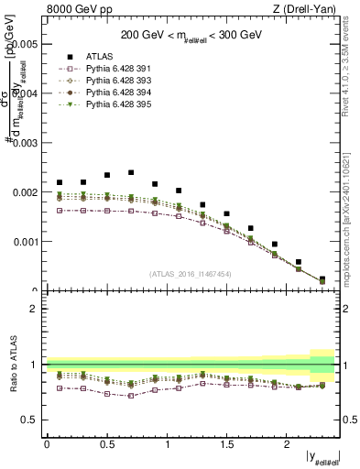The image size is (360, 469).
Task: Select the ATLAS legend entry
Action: tap(100, 57)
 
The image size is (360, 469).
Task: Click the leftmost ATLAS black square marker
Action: tap(60, 182)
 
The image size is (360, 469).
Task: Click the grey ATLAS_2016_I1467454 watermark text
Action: tap(191, 274)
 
